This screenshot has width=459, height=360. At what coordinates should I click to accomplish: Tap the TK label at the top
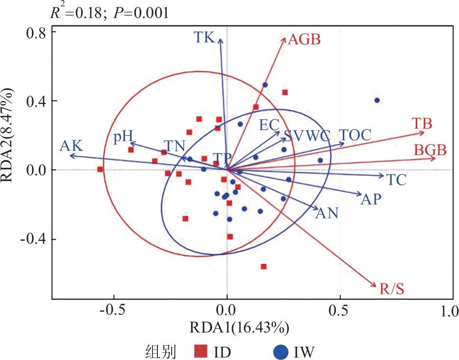204,37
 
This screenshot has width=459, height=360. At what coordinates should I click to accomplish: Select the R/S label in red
392,288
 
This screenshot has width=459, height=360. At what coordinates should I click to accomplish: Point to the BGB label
430,151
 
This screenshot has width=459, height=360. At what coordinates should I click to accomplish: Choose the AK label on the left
72,146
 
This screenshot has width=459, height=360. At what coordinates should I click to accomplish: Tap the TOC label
355,134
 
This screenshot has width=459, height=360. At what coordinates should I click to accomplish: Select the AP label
371,199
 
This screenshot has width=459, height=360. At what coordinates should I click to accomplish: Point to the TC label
396,180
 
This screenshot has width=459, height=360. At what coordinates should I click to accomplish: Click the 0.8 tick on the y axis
36,32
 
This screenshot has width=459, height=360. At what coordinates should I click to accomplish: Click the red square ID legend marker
200,351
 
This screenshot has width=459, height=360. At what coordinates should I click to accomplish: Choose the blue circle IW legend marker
280,351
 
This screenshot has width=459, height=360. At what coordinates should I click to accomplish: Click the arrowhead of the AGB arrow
285,37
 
